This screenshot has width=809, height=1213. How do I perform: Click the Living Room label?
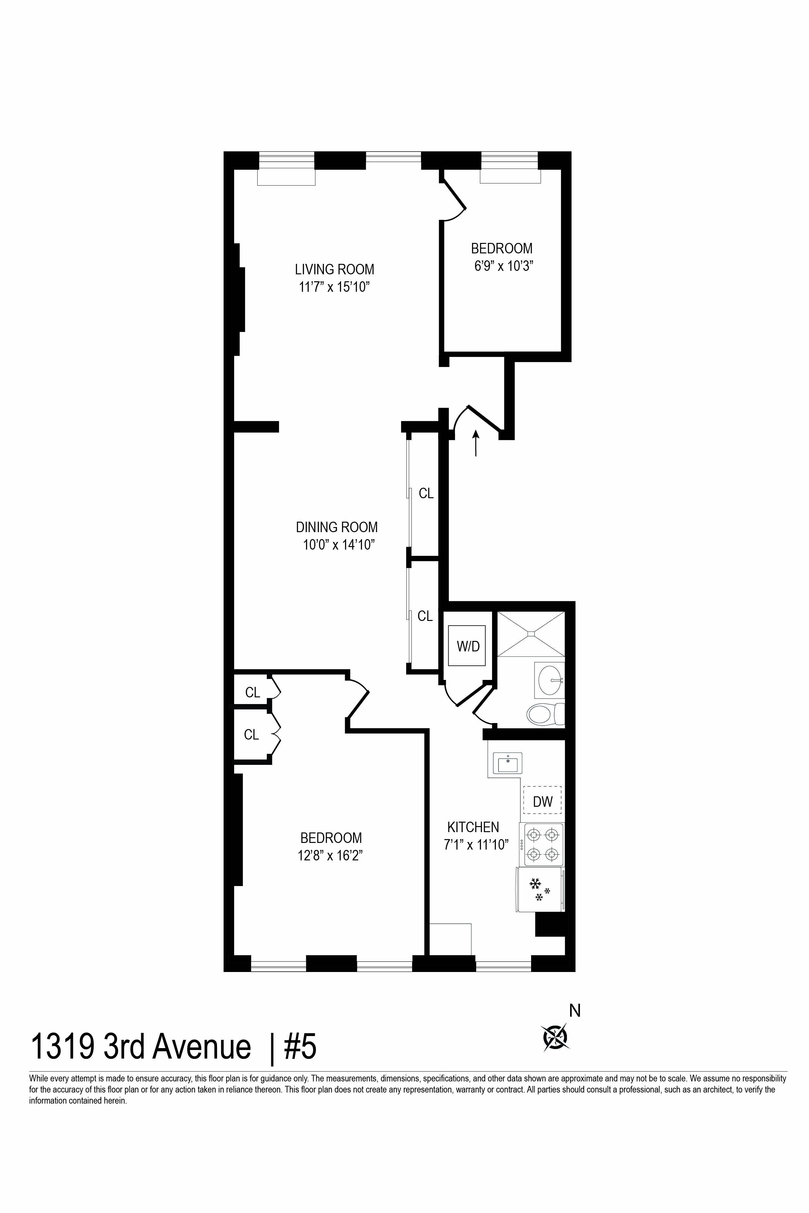click(334, 269)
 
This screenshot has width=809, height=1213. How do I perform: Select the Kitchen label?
click(473, 827)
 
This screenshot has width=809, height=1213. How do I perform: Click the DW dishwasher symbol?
click(542, 800)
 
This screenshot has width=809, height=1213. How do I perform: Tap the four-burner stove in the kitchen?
click(543, 844)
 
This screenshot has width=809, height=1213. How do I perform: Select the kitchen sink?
click(508, 763)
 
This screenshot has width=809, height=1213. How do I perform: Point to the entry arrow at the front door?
click(476, 444)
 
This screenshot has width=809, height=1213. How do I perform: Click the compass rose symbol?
click(555, 1037)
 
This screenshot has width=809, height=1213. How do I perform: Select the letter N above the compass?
click(575, 1011)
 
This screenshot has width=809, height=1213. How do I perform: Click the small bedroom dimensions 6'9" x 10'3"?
click(503, 266)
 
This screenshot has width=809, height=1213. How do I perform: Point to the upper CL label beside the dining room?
click(426, 493)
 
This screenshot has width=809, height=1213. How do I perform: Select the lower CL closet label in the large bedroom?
click(251, 734)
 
